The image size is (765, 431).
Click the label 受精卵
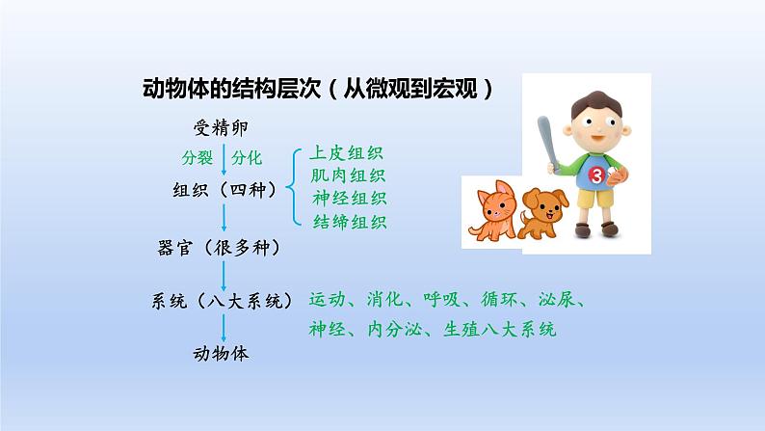(x=221, y=128)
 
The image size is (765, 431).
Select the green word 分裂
(x=198, y=158)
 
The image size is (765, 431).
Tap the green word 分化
(x=247, y=158)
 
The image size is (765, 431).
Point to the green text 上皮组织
(x=347, y=152)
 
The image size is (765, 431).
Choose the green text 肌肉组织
(x=348, y=175)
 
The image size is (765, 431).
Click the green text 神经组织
(x=350, y=199)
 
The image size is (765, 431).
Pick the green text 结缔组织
(x=350, y=222)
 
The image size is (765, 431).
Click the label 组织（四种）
(x=224, y=189)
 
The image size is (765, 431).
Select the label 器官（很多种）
(x=219, y=248)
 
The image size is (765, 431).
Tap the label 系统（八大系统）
(x=222, y=300)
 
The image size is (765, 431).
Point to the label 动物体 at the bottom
(x=221, y=354)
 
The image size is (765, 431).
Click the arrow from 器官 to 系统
(x=224, y=276)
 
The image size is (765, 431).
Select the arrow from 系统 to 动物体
(x=224, y=328)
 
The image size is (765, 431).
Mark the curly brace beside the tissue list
(x=294, y=187)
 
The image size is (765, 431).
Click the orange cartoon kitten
(x=491, y=210)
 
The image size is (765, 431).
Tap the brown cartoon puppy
(x=542, y=213)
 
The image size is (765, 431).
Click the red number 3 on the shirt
(x=596, y=175)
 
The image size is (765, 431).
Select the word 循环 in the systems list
(x=499, y=299)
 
